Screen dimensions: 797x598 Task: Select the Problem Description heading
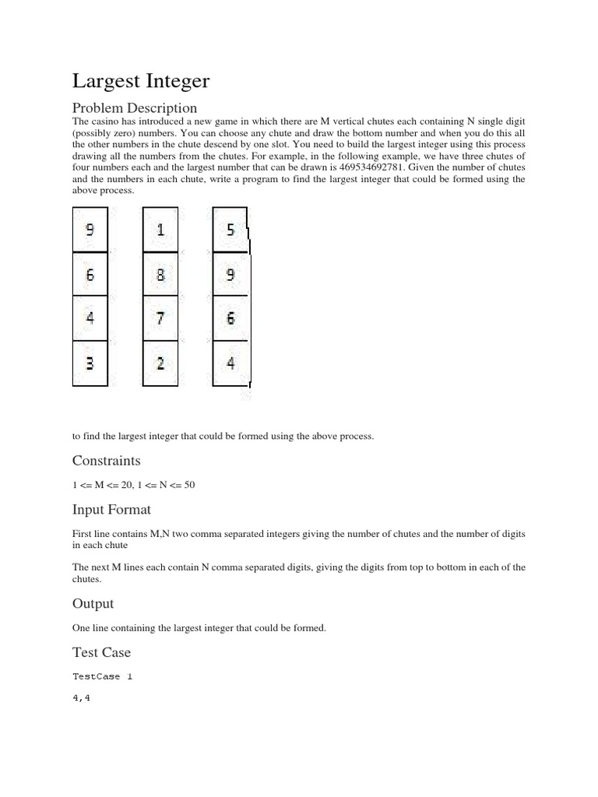tap(135, 107)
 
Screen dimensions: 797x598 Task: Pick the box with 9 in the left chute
tap(90, 230)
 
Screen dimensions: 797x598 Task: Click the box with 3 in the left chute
tap(90, 363)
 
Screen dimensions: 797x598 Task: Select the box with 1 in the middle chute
tap(160, 230)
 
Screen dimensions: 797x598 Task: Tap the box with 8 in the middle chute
tap(160, 275)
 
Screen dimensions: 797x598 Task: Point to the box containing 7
tap(160, 319)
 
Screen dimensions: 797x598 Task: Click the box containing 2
tap(160, 363)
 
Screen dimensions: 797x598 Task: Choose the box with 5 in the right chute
tap(230, 230)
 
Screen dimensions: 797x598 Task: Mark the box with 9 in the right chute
tap(230, 275)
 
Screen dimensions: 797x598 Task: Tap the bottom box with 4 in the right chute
tap(230, 363)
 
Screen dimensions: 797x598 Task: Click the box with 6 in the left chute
tap(90, 275)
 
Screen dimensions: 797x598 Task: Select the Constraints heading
tap(107, 461)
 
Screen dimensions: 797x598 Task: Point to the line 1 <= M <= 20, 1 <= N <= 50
tap(133, 485)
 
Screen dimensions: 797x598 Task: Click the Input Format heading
tap(111, 510)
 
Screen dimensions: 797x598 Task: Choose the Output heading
tap(93, 604)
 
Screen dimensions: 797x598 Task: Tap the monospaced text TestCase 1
tap(103, 676)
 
